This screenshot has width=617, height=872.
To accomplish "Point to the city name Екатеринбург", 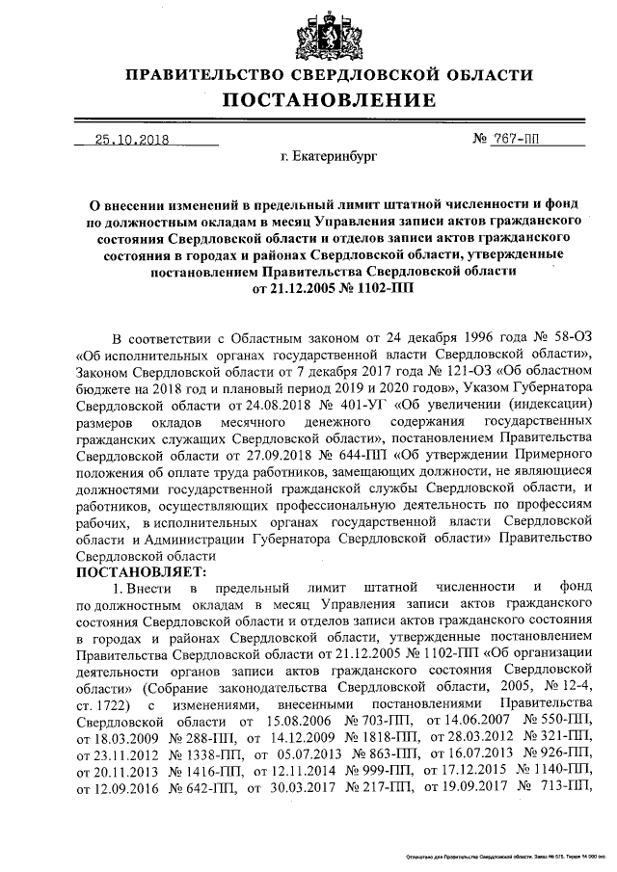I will click(x=329, y=154).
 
